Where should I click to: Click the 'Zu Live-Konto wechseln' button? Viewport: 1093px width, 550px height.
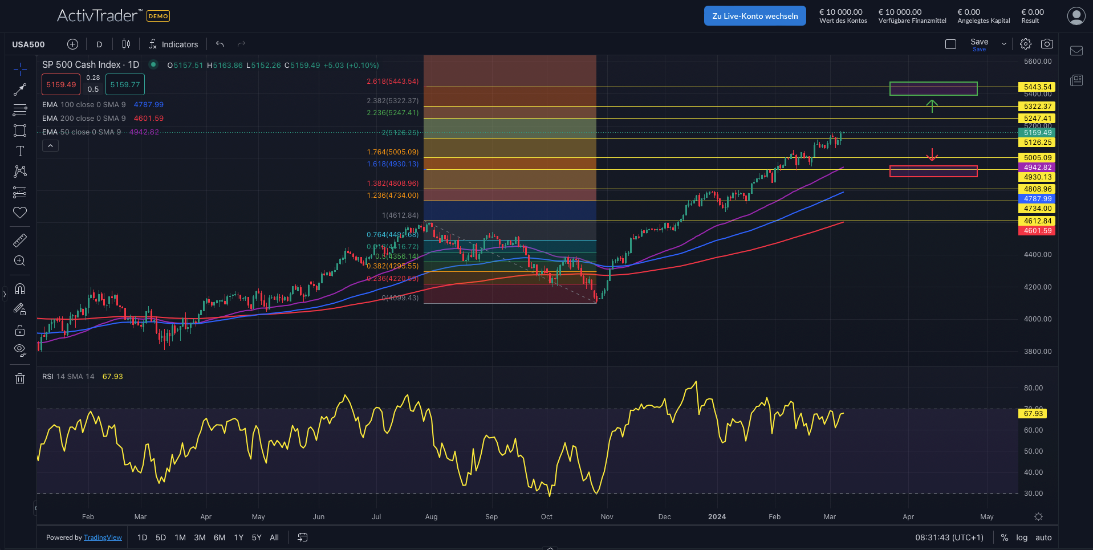pos(755,16)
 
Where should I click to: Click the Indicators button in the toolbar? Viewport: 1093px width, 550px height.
pos(173,44)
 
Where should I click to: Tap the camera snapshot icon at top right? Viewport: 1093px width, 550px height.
pos(1047,44)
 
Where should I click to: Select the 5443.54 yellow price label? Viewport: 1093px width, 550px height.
pos(1037,87)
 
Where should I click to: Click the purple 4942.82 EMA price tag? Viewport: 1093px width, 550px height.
pos(1037,168)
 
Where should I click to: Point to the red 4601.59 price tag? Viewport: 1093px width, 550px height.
pos(1037,231)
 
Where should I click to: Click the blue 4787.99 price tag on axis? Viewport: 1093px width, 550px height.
pos(1037,199)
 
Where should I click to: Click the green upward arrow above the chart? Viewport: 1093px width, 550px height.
pos(932,105)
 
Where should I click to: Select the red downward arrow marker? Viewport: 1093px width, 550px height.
pos(932,155)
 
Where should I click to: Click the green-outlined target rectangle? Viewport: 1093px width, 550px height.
pos(933,88)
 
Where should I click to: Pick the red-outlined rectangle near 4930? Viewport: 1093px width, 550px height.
pos(933,171)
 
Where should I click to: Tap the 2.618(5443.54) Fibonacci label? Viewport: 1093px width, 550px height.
pos(392,82)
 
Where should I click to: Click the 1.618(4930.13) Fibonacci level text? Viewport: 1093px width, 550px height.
pos(392,164)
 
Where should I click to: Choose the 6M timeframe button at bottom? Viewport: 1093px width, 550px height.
pos(220,537)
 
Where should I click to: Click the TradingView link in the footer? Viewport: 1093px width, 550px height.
pos(103,537)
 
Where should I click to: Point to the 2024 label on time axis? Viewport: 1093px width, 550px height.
pos(717,517)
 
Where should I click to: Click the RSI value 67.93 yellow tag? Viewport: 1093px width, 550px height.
pos(1033,414)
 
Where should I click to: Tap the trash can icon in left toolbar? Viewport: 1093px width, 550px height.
pos(20,379)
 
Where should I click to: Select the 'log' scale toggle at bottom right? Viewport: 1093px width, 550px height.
pos(1022,537)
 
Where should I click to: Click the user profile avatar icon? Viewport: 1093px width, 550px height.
pos(1076,16)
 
